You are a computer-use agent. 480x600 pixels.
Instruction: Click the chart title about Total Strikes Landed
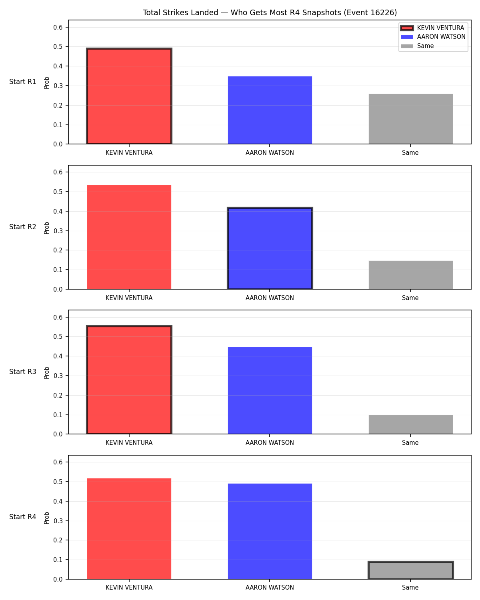270,12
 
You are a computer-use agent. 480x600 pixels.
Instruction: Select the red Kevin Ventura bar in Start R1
129,96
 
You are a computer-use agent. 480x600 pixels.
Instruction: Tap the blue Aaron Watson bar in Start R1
270,110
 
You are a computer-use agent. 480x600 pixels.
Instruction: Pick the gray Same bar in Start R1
410,119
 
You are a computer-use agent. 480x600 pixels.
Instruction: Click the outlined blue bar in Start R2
270,248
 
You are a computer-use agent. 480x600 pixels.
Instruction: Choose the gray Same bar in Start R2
410,275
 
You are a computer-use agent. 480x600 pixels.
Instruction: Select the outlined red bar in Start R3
129,380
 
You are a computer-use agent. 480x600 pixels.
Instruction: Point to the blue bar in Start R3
270,390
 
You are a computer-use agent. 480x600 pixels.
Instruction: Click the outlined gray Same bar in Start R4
410,570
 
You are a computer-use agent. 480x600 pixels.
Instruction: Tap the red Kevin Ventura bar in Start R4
129,529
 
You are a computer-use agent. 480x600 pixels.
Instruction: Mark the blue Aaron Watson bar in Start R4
270,531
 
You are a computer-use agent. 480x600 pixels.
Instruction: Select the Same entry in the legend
417,46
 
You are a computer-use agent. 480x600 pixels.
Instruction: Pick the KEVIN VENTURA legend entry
432,28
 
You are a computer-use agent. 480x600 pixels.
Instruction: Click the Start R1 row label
22,82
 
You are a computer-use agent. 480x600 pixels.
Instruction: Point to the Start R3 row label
22,372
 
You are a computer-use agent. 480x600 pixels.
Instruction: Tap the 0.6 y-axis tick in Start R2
58,172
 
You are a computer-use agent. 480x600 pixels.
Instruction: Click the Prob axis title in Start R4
46,518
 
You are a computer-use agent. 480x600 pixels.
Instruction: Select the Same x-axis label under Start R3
410,442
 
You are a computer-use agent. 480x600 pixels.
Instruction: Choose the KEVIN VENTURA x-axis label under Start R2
129,298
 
